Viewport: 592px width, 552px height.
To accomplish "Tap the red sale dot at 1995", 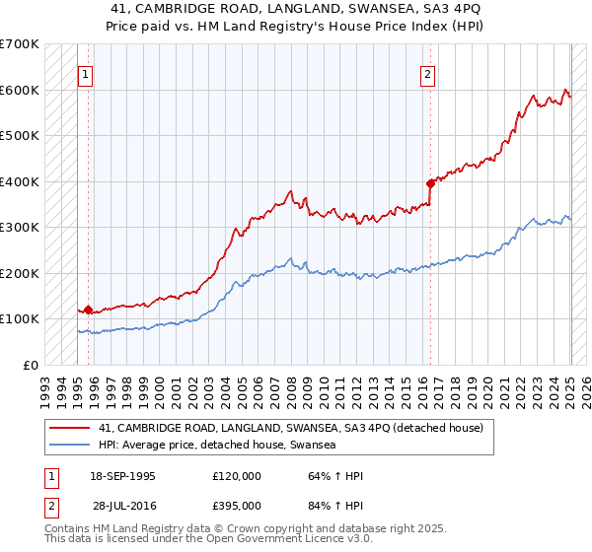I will click(x=89, y=310).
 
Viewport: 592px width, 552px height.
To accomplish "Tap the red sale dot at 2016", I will click(x=430, y=183).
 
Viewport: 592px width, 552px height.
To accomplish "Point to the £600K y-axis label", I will click(x=20, y=90).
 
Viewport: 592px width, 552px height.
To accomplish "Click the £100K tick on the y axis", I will click(x=20, y=319).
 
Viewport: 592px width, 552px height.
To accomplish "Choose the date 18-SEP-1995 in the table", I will click(x=122, y=476).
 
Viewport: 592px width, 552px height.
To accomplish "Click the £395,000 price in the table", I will click(x=237, y=505).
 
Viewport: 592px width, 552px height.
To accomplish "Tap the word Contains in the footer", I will click(x=69, y=529).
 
